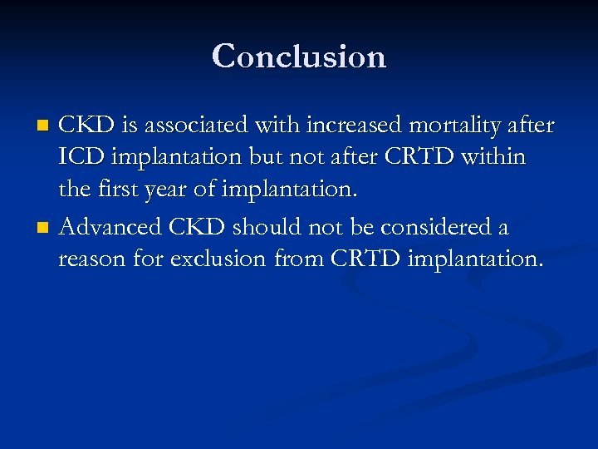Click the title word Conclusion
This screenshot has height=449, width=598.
coord(299,57)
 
